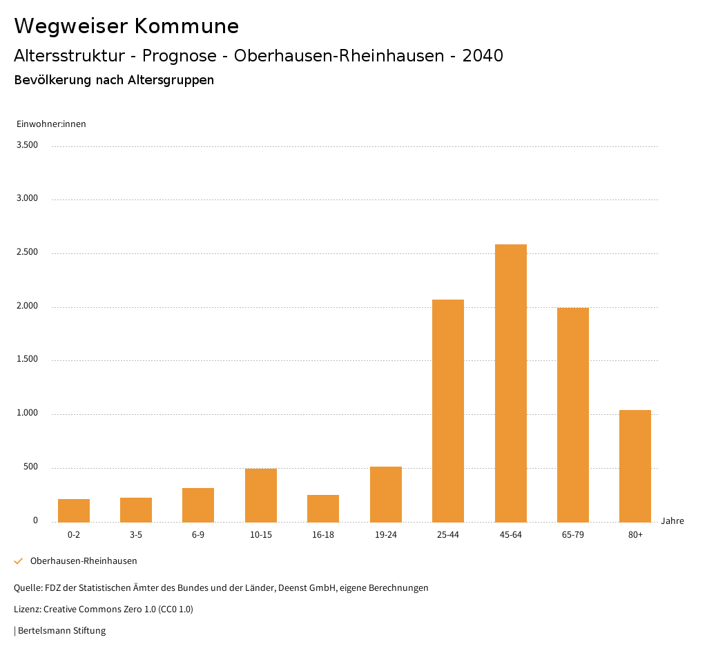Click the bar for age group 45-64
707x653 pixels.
click(x=510, y=383)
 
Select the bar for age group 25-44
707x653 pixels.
click(x=448, y=411)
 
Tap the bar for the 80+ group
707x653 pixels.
click(x=635, y=466)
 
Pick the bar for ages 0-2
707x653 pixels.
click(x=74, y=510)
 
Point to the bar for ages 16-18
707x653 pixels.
click(x=323, y=508)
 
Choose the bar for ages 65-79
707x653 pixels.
click(x=573, y=414)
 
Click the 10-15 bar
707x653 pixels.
click(x=261, y=495)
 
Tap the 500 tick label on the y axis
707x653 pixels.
click(x=31, y=467)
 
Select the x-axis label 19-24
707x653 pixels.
click(x=385, y=535)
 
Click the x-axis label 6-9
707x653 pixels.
click(x=198, y=535)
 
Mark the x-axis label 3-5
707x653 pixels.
click(x=136, y=535)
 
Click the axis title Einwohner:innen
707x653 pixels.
click(x=51, y=124)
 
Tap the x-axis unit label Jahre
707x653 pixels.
click(x=672, y=521)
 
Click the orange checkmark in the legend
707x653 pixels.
click(x=19, y=561)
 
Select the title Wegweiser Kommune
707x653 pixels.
click(x=126, y=26)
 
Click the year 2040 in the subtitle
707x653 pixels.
click(x=483, y=56)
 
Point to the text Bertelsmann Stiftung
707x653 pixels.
click(x=61, y=630)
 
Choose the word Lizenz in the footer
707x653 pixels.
click(x=27, y=610)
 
